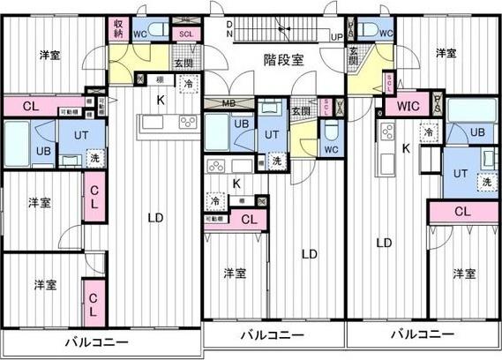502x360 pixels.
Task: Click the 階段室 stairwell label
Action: [284, 60]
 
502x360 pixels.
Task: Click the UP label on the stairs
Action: [336, 36]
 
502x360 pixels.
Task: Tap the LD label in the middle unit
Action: [309, 254]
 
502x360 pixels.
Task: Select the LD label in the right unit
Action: [384, 242]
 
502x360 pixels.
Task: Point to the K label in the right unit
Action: [406, 148]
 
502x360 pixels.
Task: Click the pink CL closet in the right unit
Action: [462, 212]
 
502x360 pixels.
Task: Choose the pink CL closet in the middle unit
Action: [249, 220]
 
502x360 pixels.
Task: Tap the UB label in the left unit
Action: [41, 150]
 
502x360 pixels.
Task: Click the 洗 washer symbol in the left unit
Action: [94, 159]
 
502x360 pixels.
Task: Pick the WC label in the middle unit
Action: [330, 149]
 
